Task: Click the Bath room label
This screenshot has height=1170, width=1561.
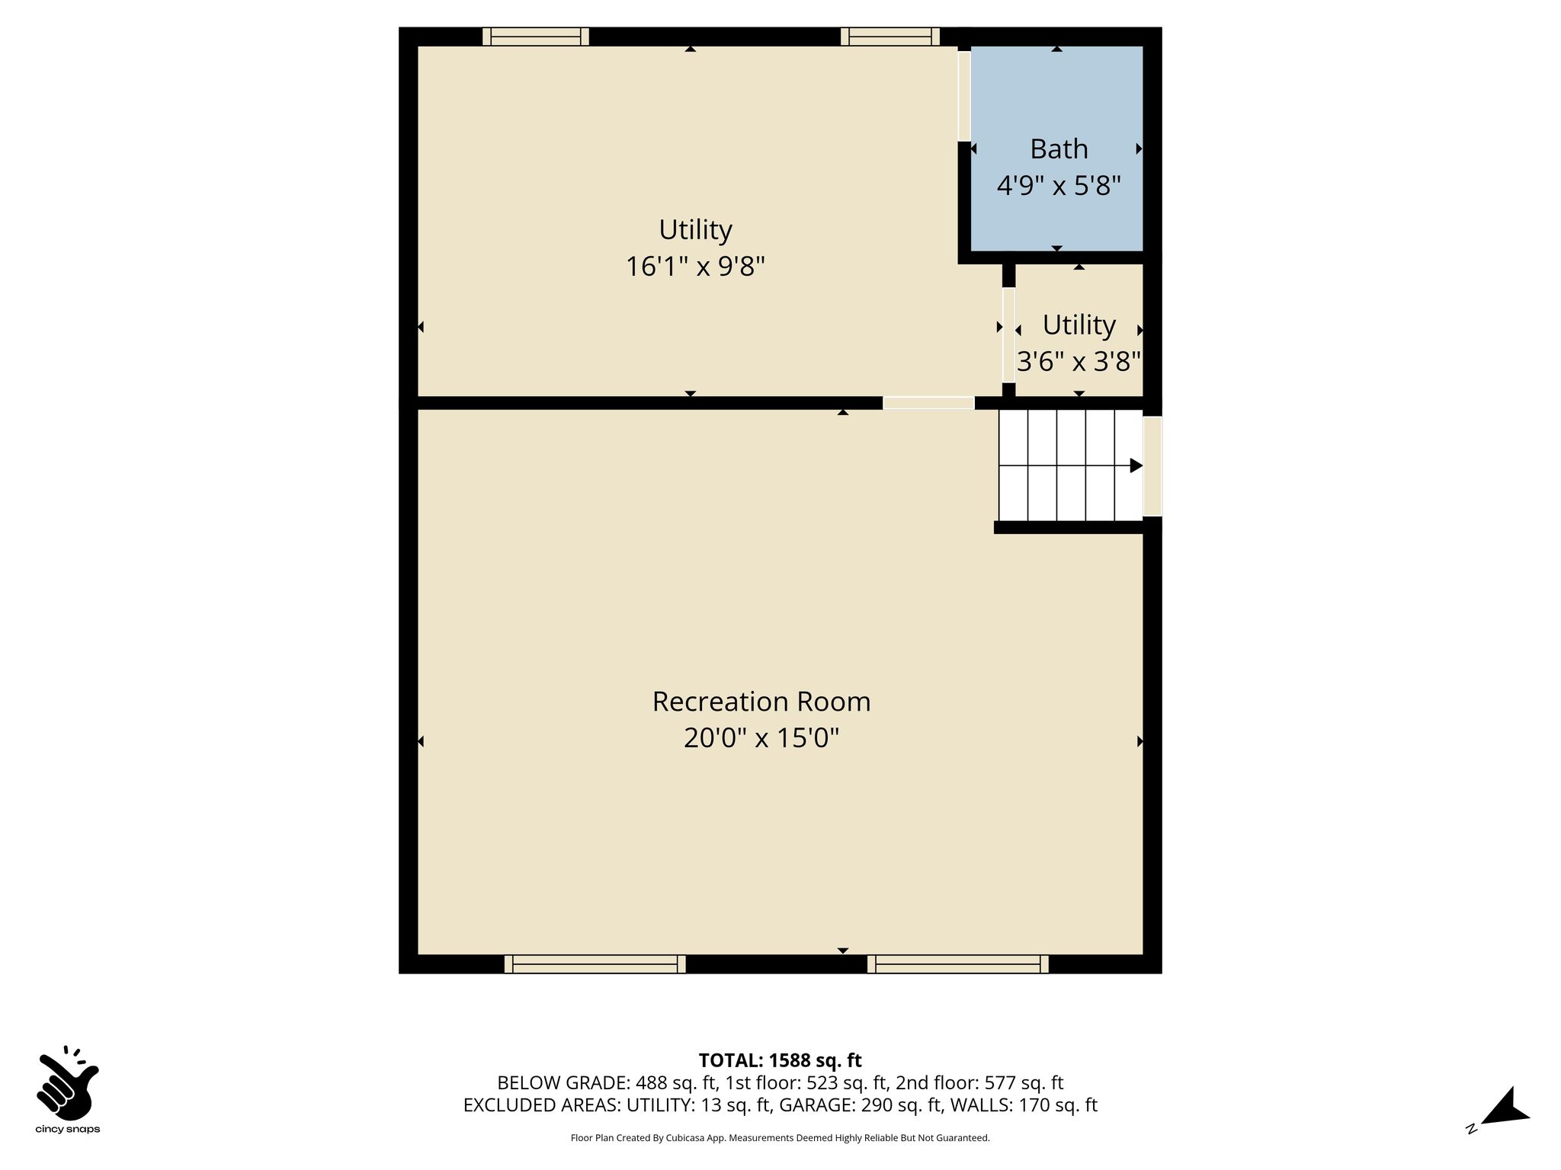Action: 1059,149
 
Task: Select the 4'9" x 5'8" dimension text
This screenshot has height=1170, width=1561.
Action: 1059,185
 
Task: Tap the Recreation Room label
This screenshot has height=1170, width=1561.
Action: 761,701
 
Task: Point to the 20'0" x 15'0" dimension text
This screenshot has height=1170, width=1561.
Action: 761,737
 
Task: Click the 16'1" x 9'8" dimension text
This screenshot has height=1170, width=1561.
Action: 695,266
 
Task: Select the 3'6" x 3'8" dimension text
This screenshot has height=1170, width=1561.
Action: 1079,361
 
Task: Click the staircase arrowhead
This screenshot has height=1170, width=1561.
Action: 1136,465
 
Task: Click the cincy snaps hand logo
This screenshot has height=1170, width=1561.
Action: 68,1082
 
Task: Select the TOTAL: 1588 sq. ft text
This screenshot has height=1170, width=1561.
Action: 780,1060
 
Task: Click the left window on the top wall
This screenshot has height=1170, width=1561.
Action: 536,37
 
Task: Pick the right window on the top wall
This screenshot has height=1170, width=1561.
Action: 890,37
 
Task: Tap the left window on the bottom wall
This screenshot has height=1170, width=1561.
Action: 595,964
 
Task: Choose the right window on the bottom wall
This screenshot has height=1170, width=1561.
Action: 958,964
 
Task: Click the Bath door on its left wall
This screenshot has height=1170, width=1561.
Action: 964,96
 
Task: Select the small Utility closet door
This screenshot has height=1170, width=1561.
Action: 1008,335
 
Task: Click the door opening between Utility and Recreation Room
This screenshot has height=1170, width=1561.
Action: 928,403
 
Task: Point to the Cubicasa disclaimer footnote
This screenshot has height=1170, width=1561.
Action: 780,1138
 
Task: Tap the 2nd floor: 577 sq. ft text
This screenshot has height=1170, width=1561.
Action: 979,1082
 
